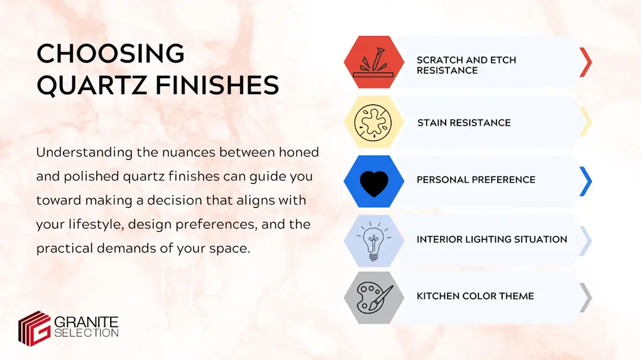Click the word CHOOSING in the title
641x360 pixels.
[111, 55]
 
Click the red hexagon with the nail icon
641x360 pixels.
[374, 63]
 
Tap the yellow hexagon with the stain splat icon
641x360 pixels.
[374, 122]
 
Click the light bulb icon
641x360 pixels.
[374, 239]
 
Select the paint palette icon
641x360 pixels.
[374, 297]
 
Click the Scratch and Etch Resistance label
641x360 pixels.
[466, 65]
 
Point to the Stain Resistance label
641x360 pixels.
[464, 123]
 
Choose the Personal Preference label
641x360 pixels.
[476, 180]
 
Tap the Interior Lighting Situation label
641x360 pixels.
[491, 239]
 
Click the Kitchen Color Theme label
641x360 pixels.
[475, 296]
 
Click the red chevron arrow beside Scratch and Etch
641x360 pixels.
[586, 62]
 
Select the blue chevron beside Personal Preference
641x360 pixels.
[586, 182]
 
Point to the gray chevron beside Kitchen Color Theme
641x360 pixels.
[586, 298]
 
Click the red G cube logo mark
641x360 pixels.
[34, 327]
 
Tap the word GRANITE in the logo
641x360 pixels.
[87, 322]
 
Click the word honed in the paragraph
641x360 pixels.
[295, 153]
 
